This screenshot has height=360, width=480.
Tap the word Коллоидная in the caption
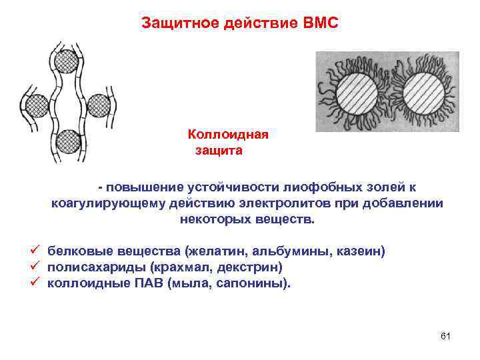[228, 135]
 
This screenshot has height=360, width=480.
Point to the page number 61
[446, 335]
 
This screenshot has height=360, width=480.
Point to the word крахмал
[179, 267]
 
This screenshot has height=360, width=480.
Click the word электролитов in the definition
[285, 203]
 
